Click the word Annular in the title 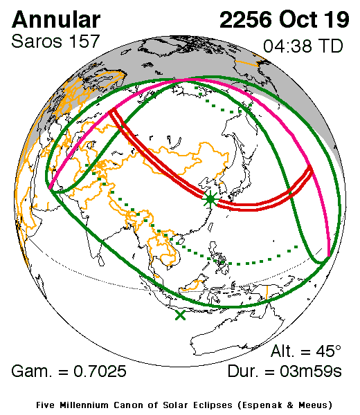(56, 19)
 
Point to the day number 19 (338, 19)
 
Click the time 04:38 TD (303, 47)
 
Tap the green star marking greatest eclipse (210, 199)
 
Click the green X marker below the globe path (181, 315)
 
